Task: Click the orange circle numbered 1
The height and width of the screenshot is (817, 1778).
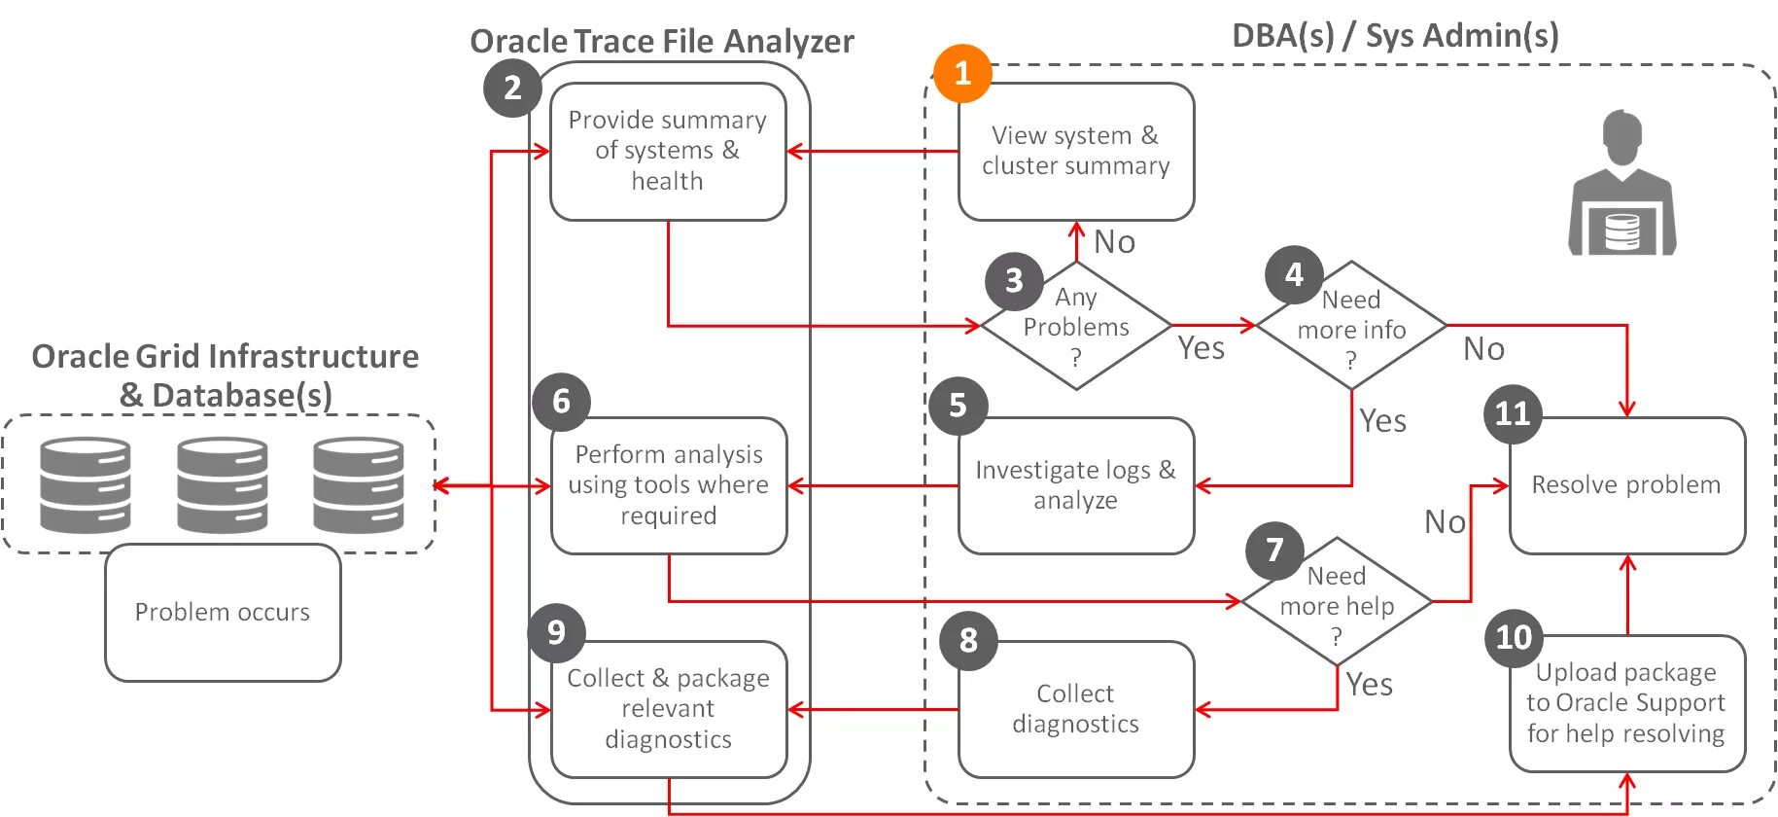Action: click(x=962, y=73)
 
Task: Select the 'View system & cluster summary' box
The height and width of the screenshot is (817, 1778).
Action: click(x=1075, y=151)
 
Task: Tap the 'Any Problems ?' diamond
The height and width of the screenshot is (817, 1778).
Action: click(x=1076, y=326)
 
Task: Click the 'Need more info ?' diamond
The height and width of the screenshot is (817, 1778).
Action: click(x=1351, y=327)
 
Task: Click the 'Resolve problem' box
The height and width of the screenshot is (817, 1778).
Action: click(x=1626, y=484)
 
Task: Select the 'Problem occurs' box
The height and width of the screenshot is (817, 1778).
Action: click(x=223, y=612)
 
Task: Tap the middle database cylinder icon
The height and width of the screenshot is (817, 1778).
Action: click(x=223, y=484)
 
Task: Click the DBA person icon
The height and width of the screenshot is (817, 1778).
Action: click(x=1621, y=185)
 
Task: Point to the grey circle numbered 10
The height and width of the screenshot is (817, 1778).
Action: click(x=1514, y=637)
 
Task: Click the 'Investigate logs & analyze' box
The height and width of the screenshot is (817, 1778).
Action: click(x=1075, y=484)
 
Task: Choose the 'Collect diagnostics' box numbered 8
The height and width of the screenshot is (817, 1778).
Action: click(x=1075, y=708)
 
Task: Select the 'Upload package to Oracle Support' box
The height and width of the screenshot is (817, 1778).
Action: click(x=1626, y=702)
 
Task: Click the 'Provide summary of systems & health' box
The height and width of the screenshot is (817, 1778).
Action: click(x=667, y=151)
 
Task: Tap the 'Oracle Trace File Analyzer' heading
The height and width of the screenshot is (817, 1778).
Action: click(x=661, y=41)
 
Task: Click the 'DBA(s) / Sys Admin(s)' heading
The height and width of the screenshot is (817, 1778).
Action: click(x=1395, y=35)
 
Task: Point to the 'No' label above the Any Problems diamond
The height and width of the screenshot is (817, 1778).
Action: click(x=1114, y=241)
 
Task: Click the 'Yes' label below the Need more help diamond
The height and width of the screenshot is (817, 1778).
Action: click(x=1369, y=685)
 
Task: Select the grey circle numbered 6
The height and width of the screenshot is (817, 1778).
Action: click(x=561, y=401)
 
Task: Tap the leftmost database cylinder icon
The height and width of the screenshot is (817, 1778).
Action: click(x=86, y=484)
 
